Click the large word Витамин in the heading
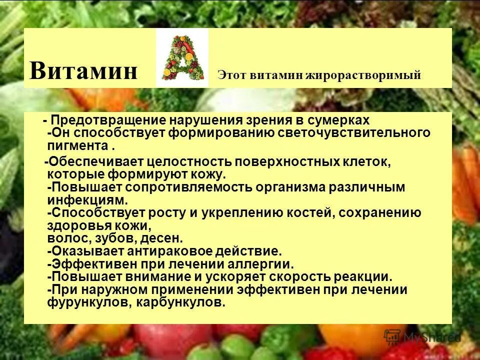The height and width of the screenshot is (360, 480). click(83, 70)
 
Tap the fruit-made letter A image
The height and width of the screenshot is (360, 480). click(181, 58)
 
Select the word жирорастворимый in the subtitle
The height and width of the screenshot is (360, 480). click(367, 75)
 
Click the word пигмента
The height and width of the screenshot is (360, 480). click(77, 146)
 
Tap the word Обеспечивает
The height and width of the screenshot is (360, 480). click(94, 162)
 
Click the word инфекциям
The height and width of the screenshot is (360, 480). click(87, 200)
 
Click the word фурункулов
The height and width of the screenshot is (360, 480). click(83, 302)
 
